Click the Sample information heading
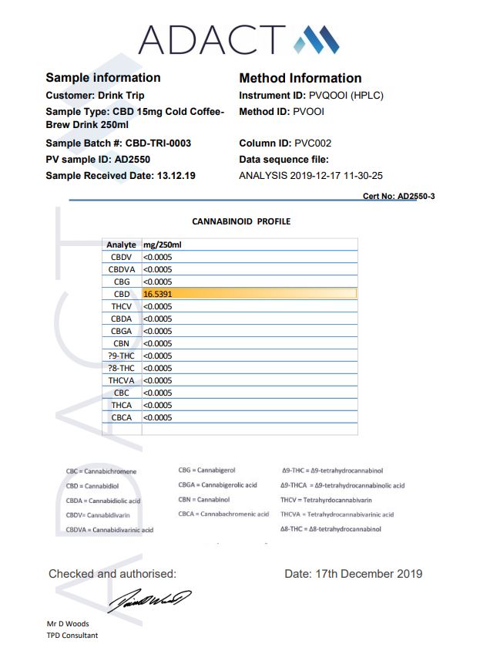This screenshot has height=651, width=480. tap(103, 78)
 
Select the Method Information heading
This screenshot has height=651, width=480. tap(300, 78)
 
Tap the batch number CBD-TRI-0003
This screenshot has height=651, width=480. tap(159, 143)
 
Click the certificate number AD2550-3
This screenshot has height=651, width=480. tap(416, 197)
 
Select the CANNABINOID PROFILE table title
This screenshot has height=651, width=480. tap(241, 221)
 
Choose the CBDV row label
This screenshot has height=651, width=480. tap(122, 257)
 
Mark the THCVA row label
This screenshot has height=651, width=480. tap(122, 380)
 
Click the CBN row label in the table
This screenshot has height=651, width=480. tap(122, 343)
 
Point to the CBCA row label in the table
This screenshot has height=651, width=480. tap(122, 417)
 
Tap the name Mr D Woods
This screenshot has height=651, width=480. tap(68, 623)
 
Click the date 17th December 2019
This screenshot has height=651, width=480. tap(354, 574)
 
